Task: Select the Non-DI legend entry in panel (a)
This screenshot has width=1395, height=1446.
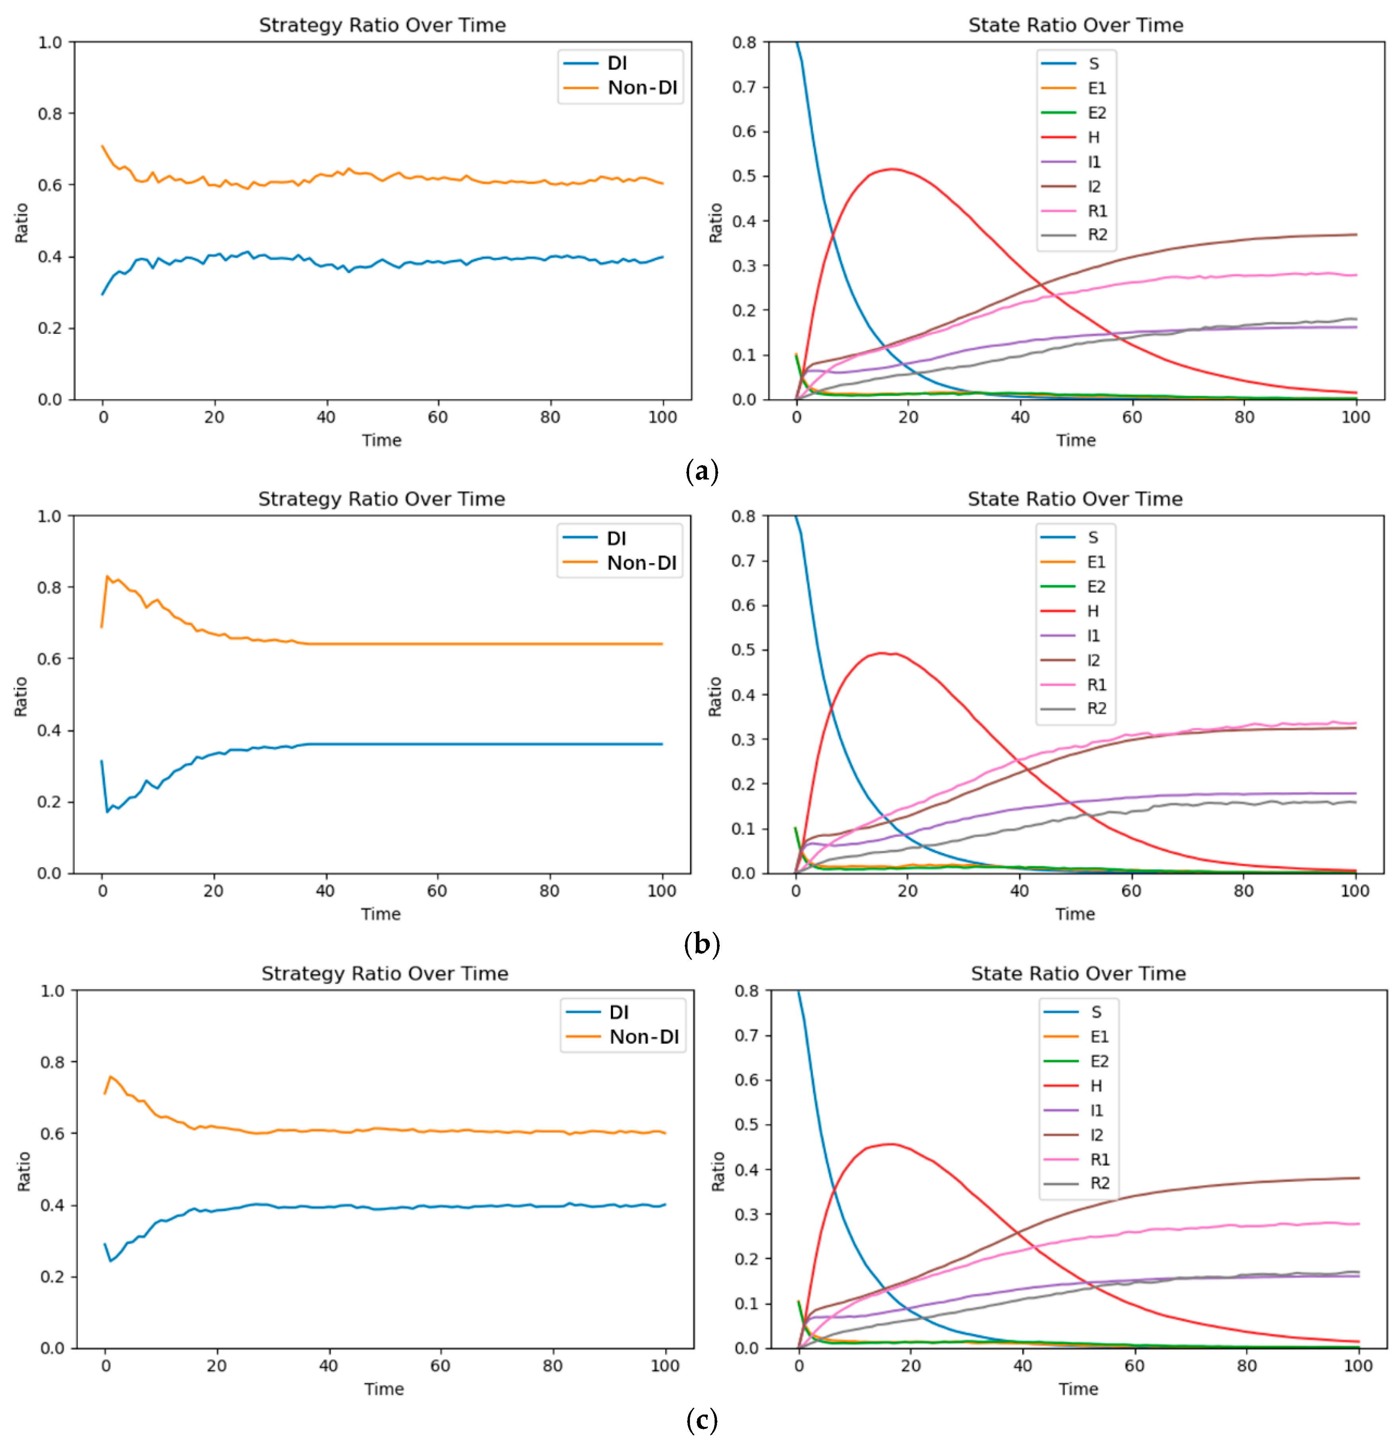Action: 641,88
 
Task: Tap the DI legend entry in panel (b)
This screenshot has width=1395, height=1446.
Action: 616,538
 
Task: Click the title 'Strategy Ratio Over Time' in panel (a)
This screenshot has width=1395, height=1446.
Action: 382,25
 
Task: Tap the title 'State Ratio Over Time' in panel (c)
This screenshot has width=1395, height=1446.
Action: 1078,973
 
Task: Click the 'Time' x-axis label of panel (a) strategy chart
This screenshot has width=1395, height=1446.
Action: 381,440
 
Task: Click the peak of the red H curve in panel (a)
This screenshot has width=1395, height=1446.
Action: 892,169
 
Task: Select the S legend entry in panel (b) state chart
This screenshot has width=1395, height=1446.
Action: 1093,537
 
